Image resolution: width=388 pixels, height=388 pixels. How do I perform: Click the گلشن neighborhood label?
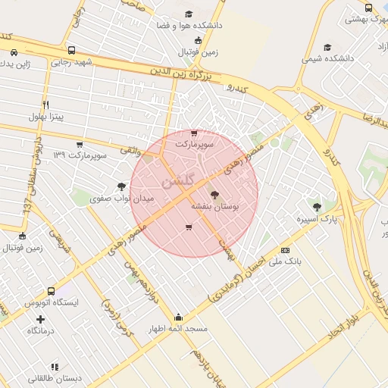[177, 180]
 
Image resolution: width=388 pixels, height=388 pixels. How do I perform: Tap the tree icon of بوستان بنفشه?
[214, 195]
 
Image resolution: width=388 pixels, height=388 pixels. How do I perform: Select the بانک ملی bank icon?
[285, 249]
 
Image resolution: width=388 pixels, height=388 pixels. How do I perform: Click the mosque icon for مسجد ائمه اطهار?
[178, 318]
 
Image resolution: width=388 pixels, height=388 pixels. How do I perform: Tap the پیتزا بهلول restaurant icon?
[45, 105]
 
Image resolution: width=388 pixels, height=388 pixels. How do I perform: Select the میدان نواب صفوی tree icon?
[121, 186]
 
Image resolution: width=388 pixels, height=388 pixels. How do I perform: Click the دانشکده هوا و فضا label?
[189, 26]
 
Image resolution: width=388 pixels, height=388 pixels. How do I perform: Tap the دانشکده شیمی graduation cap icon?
[327, 47]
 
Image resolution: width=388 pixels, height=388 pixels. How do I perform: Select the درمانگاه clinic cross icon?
[40, 319]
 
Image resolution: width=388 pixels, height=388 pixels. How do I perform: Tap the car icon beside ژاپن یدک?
[15, 52]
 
